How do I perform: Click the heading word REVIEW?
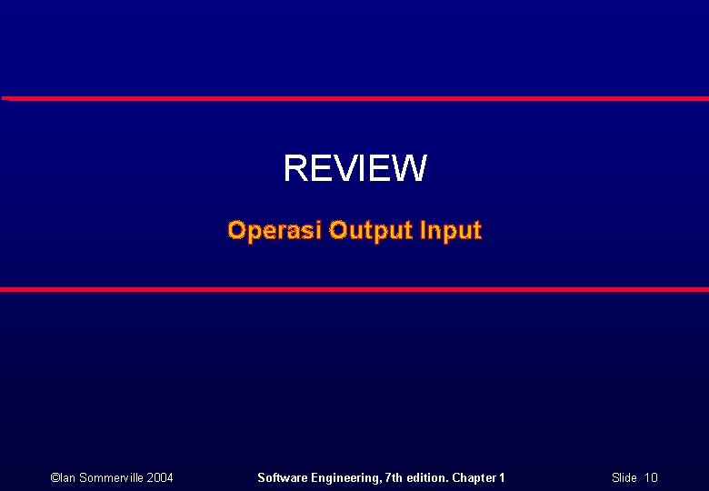point(354,168)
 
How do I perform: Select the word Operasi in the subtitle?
point(275,230)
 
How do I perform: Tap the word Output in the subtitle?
point(371,230)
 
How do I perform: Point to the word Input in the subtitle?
point(451,231)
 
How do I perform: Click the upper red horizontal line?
point(354,97)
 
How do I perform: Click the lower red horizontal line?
point(354,289)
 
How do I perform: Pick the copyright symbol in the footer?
point(55,477)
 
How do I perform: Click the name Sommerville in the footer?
point(109,477)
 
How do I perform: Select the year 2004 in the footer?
point(160,477)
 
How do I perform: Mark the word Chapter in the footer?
point(474,477)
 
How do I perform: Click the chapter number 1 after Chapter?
point(502,477)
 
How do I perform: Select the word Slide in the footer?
point(624,477)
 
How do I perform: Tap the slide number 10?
point(651,477)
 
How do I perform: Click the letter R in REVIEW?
point(295,168)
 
